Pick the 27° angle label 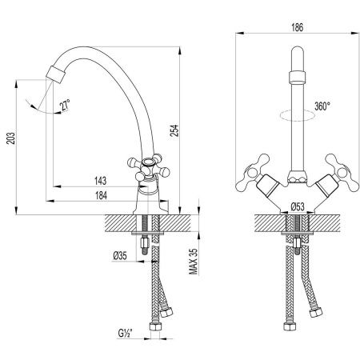coord(63,104)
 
